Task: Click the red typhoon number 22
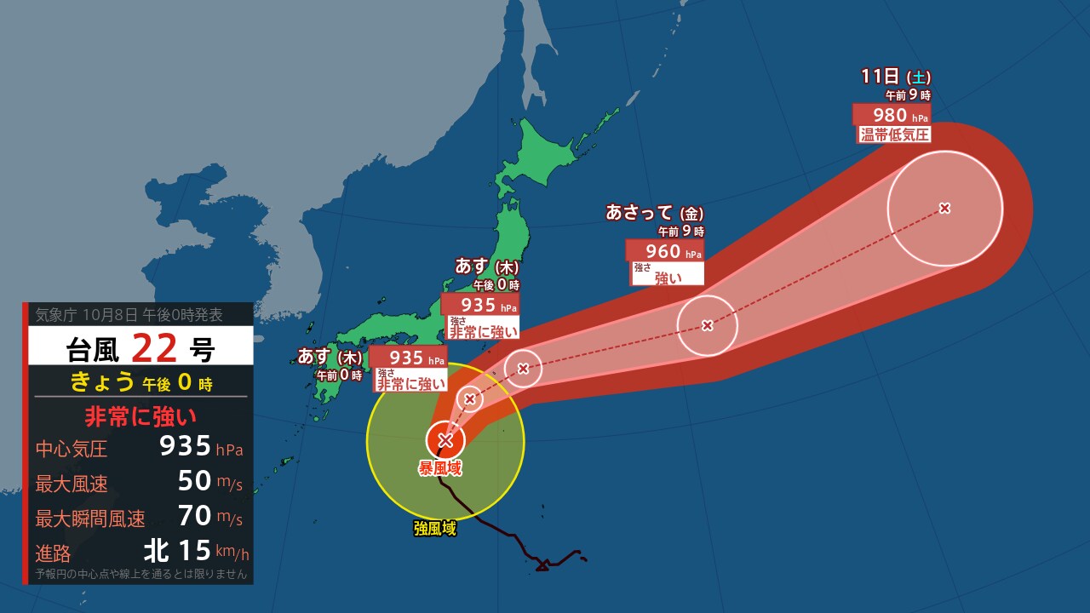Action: (154, 347)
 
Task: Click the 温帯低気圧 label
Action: (894, 135)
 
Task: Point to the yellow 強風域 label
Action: (435, 530)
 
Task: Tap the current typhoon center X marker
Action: (445, 440)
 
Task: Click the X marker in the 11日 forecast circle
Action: (944, 208)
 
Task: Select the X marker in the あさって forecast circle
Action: (707, 324)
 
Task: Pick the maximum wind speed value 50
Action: (194, 481)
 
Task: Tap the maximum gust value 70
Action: (194, 516)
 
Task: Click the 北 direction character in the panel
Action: (156, 552)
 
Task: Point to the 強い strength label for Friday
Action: (668, 276)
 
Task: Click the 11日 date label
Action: (880, 77)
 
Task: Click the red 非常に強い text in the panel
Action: (141, 416)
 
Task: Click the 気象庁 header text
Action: (53, 315)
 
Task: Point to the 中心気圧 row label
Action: (72, 449)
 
